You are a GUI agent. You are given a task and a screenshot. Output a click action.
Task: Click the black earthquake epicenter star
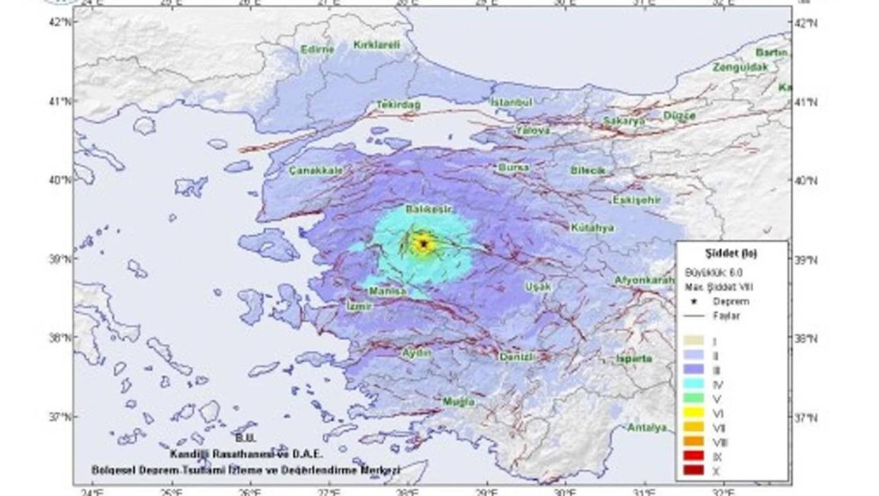coord(424,244)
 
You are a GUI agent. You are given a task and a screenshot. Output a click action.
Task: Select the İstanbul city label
coord(512,102)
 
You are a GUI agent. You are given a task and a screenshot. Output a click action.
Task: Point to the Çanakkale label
coord(316,170)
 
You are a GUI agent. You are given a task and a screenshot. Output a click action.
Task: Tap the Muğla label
coord(459,402)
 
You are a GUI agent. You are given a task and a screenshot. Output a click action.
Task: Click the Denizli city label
coord(519,357)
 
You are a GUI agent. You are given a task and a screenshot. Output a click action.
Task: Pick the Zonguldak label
coord(740,68)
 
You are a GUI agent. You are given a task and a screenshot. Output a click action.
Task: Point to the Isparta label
coord(634,359)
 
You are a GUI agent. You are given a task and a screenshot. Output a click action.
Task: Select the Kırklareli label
coord(376,45)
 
